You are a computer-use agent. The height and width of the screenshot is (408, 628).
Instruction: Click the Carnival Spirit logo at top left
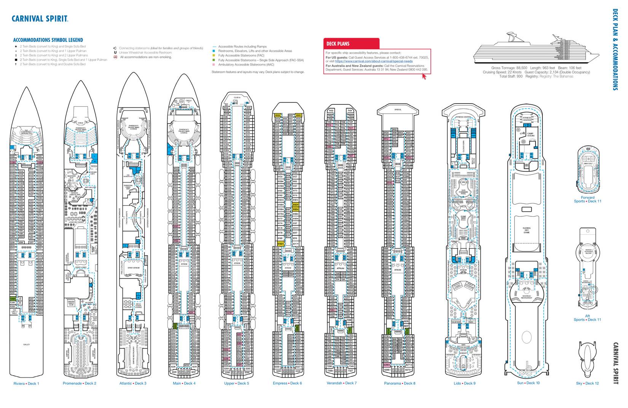coord(40,19)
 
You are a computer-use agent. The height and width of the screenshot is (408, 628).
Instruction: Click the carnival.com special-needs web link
coord(374,61)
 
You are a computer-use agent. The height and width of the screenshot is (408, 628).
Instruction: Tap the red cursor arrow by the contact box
coord(424,76)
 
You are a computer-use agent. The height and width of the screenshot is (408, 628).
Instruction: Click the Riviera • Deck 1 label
coord(26,383)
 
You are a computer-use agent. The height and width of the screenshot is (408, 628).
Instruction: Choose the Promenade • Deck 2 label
coord(79,383)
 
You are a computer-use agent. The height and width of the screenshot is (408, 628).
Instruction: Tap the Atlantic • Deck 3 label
coord(132,383)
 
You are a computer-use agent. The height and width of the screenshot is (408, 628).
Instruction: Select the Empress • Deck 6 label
coord(287,383)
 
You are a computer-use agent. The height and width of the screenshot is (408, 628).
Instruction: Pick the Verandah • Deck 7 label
coord(341,383)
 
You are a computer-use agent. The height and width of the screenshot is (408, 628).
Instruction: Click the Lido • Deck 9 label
coord(464,383)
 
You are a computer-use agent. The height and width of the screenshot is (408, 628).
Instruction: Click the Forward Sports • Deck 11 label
coord(588,199)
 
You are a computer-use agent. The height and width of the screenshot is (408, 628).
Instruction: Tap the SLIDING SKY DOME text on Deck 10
coord(526,230)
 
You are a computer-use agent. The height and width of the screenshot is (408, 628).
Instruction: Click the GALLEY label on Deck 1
coord(26,344)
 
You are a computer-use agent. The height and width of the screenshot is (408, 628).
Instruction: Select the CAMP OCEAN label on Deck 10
coord(531,134)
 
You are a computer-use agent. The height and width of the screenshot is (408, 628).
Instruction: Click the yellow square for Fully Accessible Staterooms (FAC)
coord(214,56)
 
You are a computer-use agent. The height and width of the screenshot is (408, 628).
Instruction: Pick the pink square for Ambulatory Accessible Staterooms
coord(214,65)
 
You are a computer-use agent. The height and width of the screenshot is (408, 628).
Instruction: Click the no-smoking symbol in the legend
coord(115,57)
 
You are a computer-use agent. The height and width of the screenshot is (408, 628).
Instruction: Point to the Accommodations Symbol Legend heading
coord(48,40)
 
